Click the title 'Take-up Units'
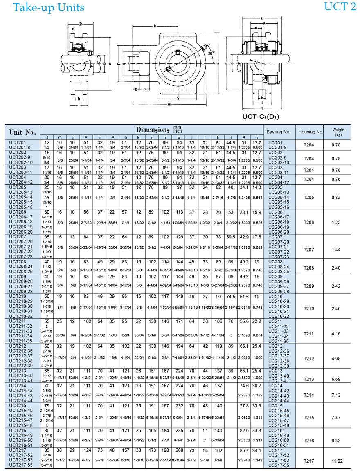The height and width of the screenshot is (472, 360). pyautogui.click(x=49, y=7)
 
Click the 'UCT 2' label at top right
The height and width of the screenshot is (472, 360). pyautogui.click(x=340, y=7)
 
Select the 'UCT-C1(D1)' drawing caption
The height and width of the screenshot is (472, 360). pyautogui.click(x=261, y=116)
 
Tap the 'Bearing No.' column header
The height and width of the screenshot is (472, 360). pyautogui.click(x=278, y=132)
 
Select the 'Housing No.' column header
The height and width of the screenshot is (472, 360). pyautogui.click(x=311, y=132)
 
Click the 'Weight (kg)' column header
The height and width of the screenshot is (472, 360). pyautogui.click(x=338, y=132)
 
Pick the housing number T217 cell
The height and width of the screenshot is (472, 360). pyautogui.click(x=309, y=461)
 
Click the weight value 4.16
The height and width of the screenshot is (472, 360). pyautogui.click(x=337, y=334)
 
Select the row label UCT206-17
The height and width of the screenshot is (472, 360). pyautogui.click(x=20, y=217)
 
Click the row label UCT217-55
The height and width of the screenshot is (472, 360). pyautogui.click(x=20, y=465)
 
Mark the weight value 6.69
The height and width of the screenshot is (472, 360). pyautogui.click(x=337, y=379)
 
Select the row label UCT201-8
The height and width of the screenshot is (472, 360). pyautogui.click(x=19, y=147)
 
